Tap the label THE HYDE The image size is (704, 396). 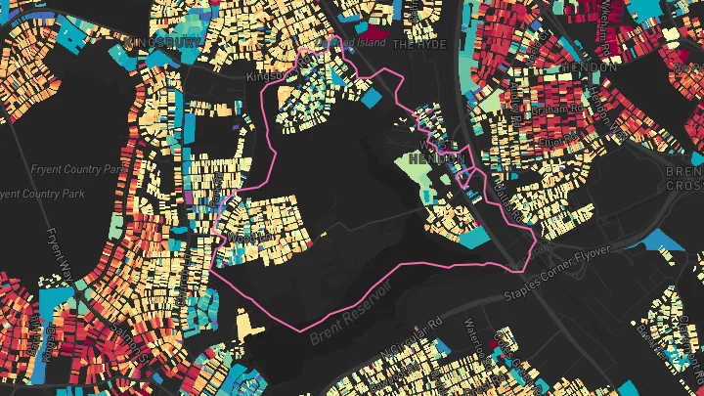pyautogui.click(x=418, y=45)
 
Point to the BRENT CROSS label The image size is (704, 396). pyautogui.click(x=684, y=176)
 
